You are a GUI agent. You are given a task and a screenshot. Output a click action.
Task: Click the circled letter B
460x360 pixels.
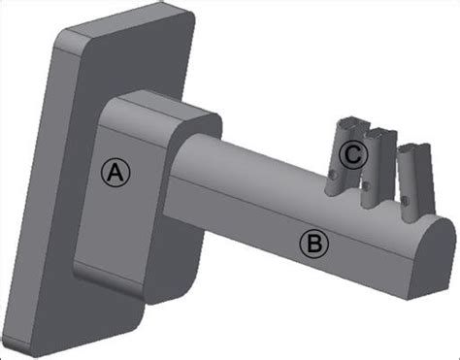point(312,243)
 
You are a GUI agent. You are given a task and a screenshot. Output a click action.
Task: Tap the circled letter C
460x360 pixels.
point(352,153)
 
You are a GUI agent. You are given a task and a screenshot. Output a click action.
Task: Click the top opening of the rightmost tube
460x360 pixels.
point(414,148)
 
